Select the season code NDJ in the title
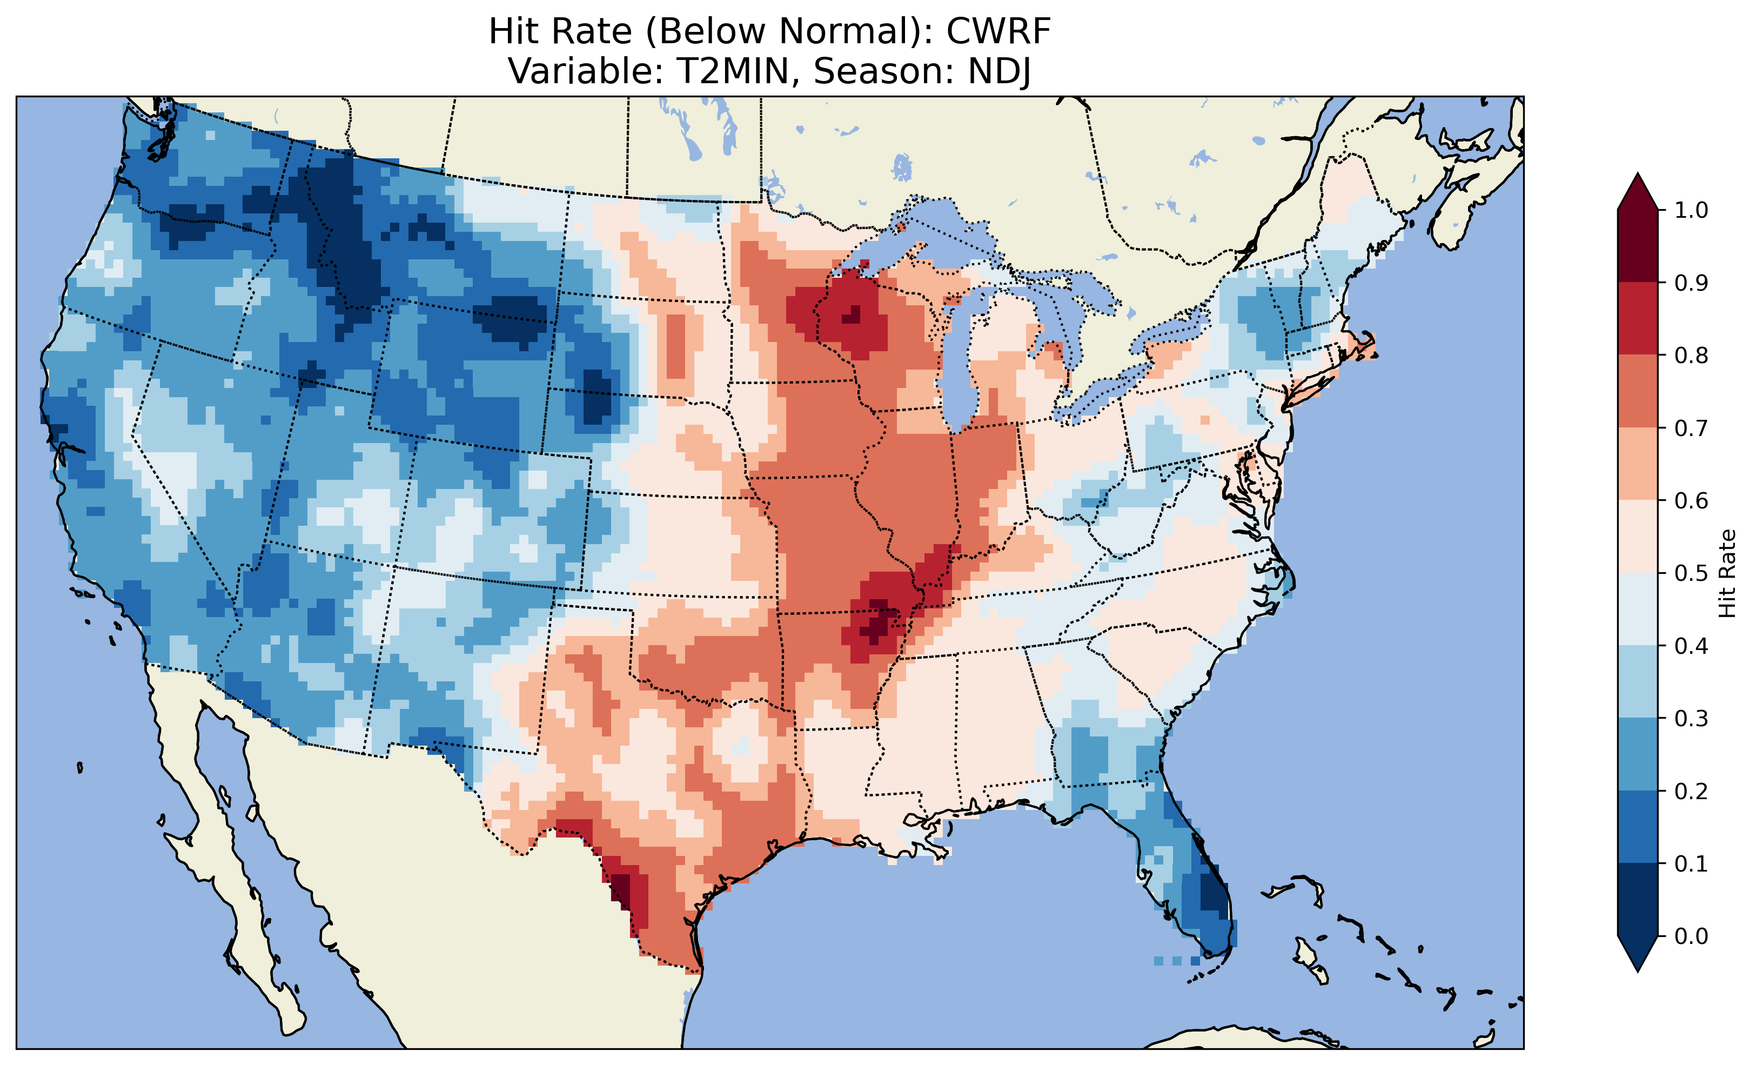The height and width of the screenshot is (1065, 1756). tap(998, 71)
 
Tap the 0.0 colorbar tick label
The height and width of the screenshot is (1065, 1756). tap(1691, 936)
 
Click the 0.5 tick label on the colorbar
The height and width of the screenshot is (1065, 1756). tap(1691, 573)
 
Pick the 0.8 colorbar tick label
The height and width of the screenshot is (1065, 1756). tap(1691, 355)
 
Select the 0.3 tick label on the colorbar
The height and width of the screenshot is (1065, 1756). tap(1691, 719)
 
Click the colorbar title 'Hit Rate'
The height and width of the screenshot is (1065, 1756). tap(1727, 573)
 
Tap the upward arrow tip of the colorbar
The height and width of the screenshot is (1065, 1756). tap(1638, 176)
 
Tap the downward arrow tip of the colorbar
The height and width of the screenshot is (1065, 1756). tap(1638, 969)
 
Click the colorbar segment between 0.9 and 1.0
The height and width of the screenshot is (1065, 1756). tap(1638, 246)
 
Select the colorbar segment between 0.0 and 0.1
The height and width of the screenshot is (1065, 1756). tap(1638, 900)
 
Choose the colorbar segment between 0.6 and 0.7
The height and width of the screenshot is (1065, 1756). tap(1638, 464)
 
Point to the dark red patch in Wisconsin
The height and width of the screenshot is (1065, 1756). tap(851, 315)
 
